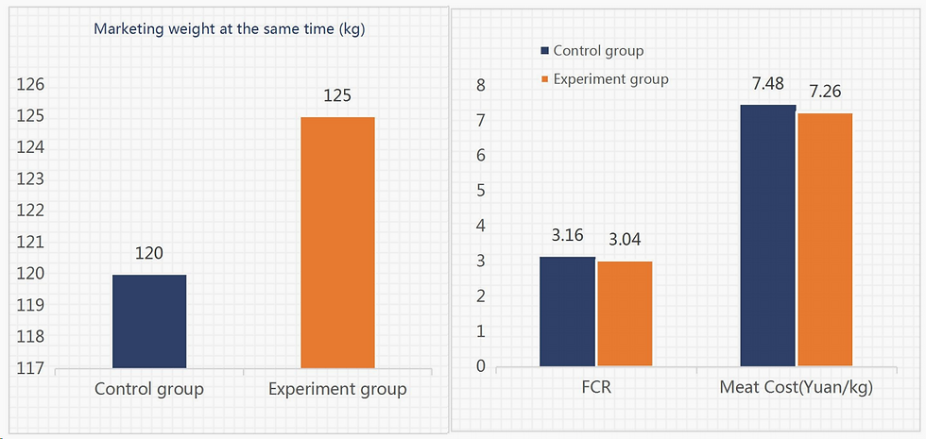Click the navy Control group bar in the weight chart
149,321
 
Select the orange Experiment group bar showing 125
337,243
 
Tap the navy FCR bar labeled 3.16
567,312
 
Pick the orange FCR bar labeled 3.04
625,313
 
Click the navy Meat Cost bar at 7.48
767,235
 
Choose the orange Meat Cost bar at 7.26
825,240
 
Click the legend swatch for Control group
544,51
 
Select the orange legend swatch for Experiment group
544,79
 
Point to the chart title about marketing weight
230,29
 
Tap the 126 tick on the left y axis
31,85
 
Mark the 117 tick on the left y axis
31,368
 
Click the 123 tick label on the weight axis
31,179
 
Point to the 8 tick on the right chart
480,85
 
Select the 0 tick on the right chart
480,366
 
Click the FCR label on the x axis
595,387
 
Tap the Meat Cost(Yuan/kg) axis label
796,387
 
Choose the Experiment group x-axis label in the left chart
337,389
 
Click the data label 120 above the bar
149,253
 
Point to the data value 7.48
767,85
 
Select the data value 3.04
625,240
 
